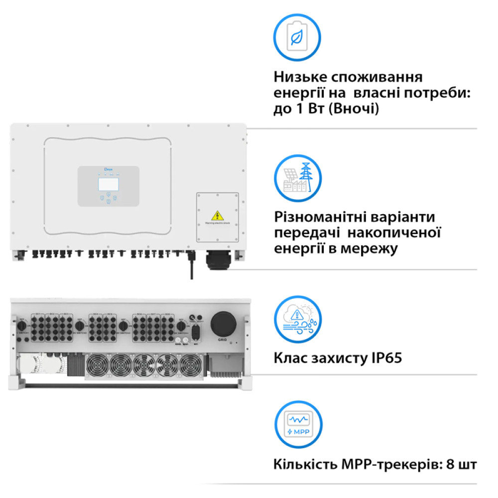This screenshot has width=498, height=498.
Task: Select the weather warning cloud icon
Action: [298, 318]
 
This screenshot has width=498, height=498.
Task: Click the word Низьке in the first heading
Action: [299, 78]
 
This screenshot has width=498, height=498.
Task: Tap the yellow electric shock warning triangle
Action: [217, 215]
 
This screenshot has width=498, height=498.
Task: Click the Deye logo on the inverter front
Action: [109, 170]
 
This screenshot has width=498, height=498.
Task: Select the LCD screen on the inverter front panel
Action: [108, 184]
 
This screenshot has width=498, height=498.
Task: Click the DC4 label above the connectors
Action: [94, 314]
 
